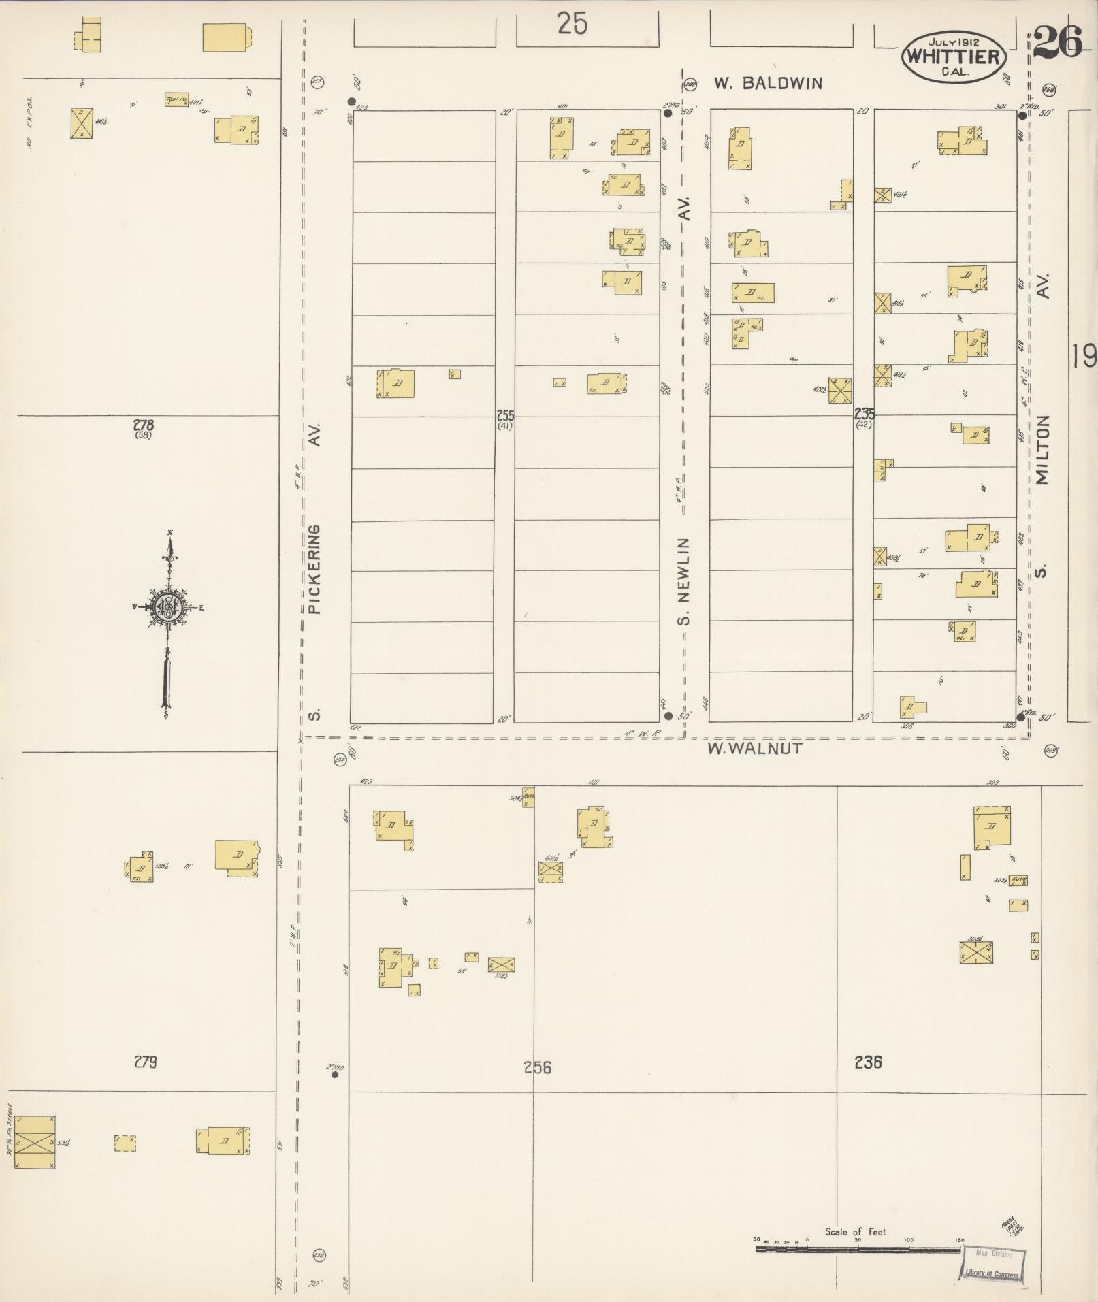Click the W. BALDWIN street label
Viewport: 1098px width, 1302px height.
click(768, 84)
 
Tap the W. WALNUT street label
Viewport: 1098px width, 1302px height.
click(754, 749)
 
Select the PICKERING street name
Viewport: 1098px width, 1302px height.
click(314, 569)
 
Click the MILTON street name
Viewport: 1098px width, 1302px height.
click(1043, 450)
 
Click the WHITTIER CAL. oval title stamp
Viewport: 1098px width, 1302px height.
click(953, 57)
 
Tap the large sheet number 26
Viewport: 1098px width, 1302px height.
click(1058, 42)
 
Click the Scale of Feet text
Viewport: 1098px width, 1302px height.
click(856, 1232)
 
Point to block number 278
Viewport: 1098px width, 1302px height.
click(144, 426)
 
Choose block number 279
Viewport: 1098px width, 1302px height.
click(145, 1061)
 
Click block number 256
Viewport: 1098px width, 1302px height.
click(537, 1067)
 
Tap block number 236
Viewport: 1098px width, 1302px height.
click(868, 1061)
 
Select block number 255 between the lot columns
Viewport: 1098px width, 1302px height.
click(504, 415)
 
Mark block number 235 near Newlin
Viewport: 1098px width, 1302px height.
click(865, 414)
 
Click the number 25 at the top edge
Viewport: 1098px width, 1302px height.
click(572, 25)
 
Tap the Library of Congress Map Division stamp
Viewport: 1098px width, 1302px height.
click(993, 1265)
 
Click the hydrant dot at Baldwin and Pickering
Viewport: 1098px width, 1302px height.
click(352, 102)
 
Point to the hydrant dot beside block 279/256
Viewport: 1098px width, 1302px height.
click(334, 1075)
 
